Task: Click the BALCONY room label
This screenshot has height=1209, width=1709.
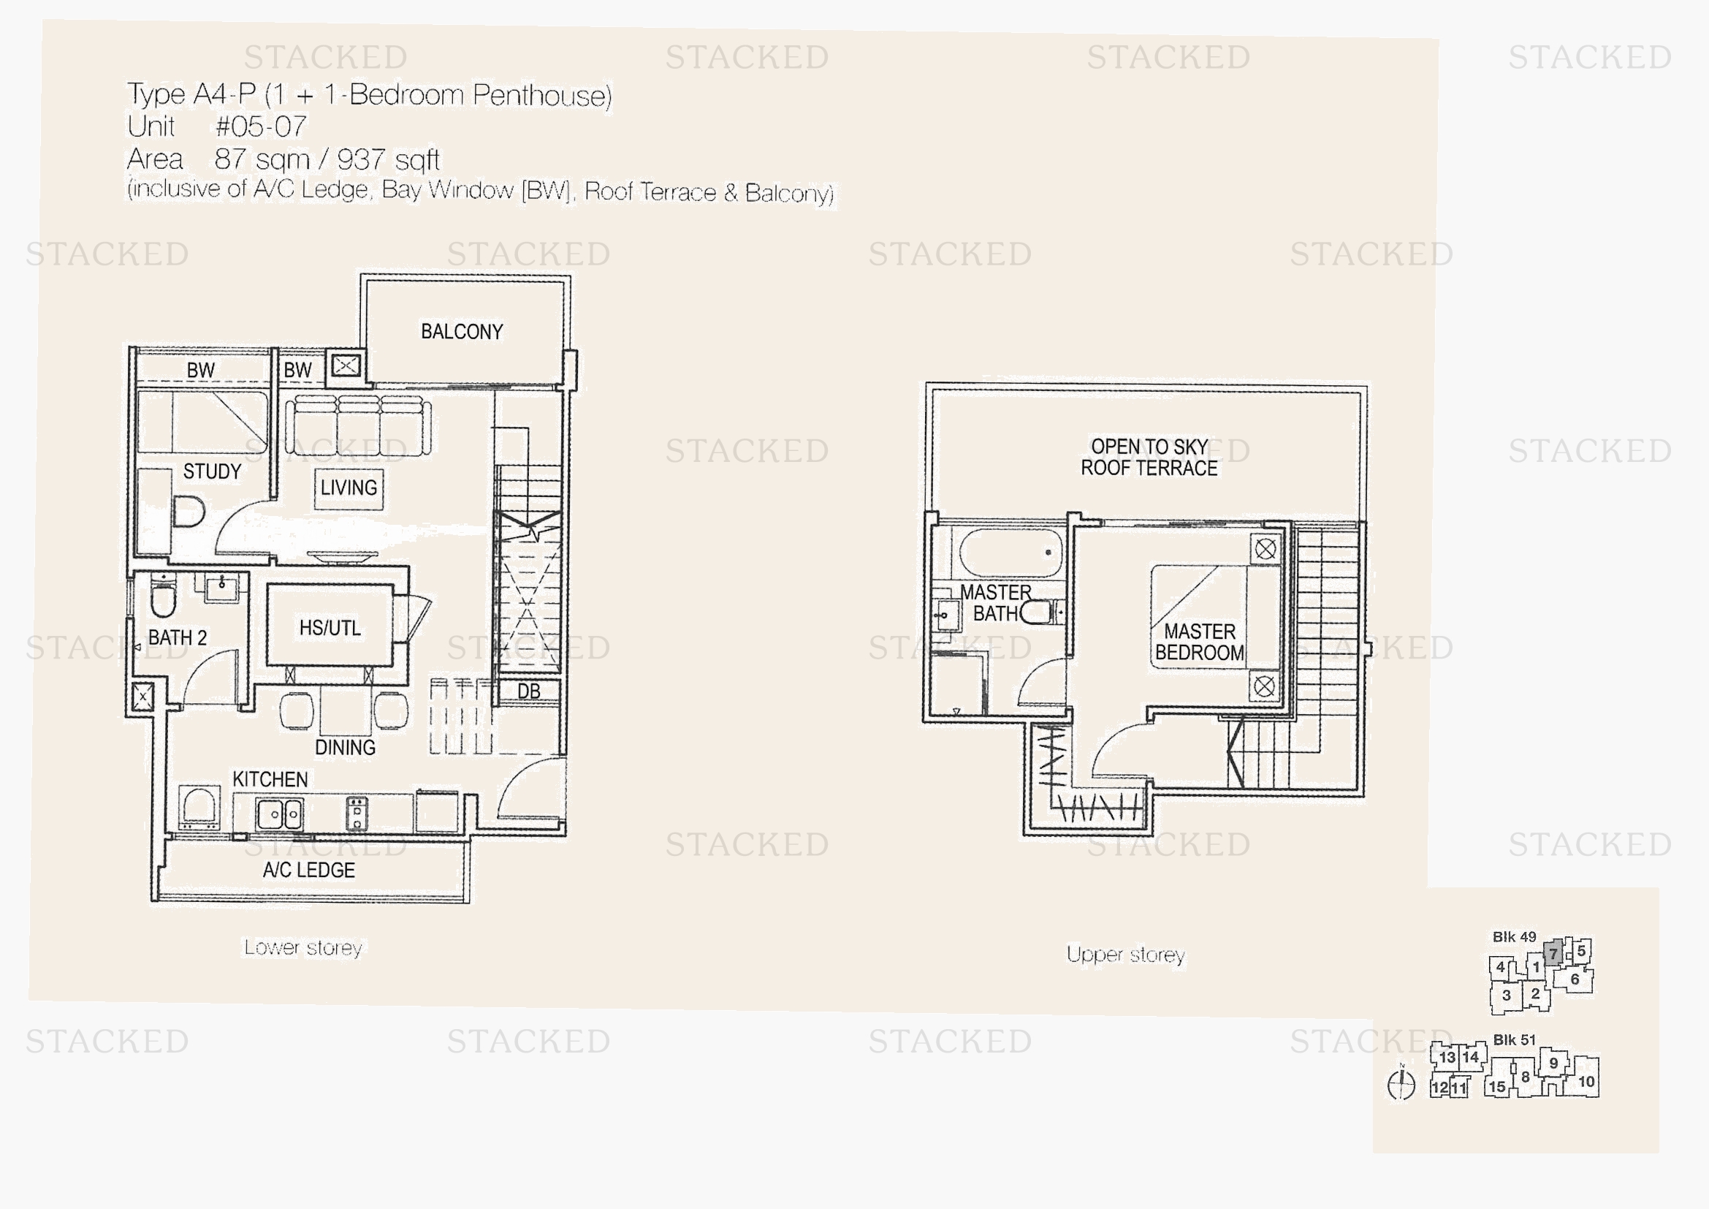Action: pyautogui.click(x=462, y=332)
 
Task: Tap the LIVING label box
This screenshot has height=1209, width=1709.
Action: pyautogui.click(x=349, y=488)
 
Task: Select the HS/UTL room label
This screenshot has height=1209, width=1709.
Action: pyautogui.click(x=330, y=628)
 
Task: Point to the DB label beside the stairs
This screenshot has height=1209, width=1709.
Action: pyautogui.click(x=528, y=691)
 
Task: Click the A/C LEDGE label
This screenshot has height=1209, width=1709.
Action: pyautogui.click(x=309, y=871)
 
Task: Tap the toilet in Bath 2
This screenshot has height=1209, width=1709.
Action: pyautogui.click(x=163, y=596)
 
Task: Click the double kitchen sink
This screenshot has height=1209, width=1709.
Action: pyautogui.click(x=279, y=814)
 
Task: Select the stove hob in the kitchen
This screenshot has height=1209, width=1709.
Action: pyautogui.click(x=357, y=814)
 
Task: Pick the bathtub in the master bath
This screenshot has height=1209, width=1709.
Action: pyautogui.click(x=1010, y=553)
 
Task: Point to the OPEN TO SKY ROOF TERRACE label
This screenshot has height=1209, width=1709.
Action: pyautogui.click(x=1149, y=457)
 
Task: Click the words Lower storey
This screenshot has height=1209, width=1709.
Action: pyautogui.click(x=303, y=948)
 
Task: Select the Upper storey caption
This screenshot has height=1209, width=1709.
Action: pyautogui.click(x=1125, y=955)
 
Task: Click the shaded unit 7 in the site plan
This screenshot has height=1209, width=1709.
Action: pyautogui.click(x=1553, y=953)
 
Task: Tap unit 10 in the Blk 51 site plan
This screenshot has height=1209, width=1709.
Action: pyautogui.click(x=1586, y=1081)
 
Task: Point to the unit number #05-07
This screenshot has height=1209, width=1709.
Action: pyautogui.click(x=261, y=126)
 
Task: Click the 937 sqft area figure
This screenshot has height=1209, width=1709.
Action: pyautogui.click(x=388, y=159)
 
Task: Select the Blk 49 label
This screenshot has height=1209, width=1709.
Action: pyautogui.click(x=1514, y=937)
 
